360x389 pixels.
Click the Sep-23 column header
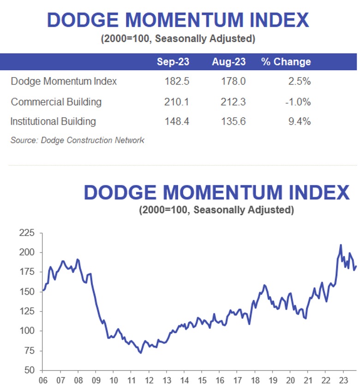[x=173, y=61]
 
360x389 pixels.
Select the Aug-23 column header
[x=229, y=61]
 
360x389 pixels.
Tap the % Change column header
[x=286, y=61]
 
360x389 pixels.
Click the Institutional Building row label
[x=53, y=122]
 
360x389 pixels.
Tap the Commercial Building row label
[x=56, y=102]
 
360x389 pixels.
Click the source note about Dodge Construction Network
[x=77, y=140]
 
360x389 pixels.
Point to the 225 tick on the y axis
[x=27, y=233]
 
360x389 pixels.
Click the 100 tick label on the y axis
[x=27, y=331]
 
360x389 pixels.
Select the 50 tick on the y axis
[x=30, y=370]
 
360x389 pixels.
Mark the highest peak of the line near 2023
[x=341, y=245]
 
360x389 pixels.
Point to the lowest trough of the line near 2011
[x=140, y=353]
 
